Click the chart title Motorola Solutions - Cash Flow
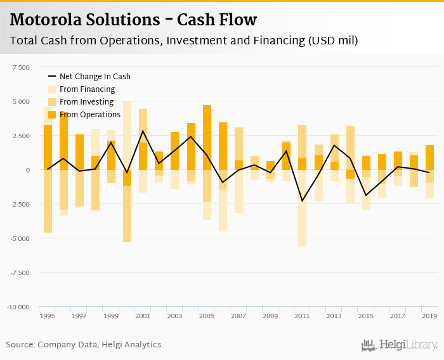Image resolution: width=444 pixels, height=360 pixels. pos(133,20)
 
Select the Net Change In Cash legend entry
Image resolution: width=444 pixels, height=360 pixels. pos(95,77)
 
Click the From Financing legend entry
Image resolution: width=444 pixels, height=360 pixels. pos(87,89)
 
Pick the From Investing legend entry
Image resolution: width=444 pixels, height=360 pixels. pos(86,102)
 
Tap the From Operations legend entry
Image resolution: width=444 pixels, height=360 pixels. pos(89,115)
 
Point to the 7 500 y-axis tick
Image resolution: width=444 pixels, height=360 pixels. pos(20,67)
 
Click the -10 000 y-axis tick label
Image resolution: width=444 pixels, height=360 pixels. pos(18,307)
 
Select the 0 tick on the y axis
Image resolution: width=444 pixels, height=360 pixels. pos(27,170)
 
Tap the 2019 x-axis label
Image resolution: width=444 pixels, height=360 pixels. pos(429,315)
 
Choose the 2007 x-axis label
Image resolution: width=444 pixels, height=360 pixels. pos(238,315)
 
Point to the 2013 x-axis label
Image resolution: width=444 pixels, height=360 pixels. pos(334,315)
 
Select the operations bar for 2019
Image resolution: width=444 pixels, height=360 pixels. pos(429,157)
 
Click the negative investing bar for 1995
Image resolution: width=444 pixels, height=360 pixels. pos(48,201)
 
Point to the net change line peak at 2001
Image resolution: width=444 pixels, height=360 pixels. pos(143,131)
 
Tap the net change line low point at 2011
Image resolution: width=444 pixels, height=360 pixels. pos(302,201)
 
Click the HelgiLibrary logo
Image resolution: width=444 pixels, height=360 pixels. pos(399,345)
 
